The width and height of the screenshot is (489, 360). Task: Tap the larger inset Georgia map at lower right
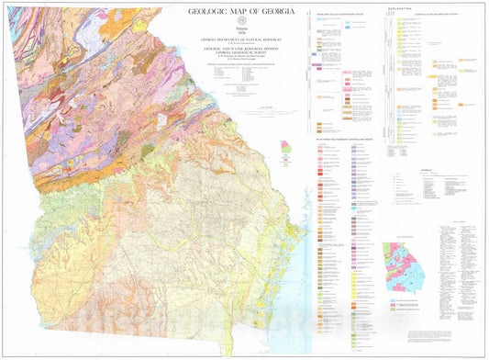click(x=404, y=266)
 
